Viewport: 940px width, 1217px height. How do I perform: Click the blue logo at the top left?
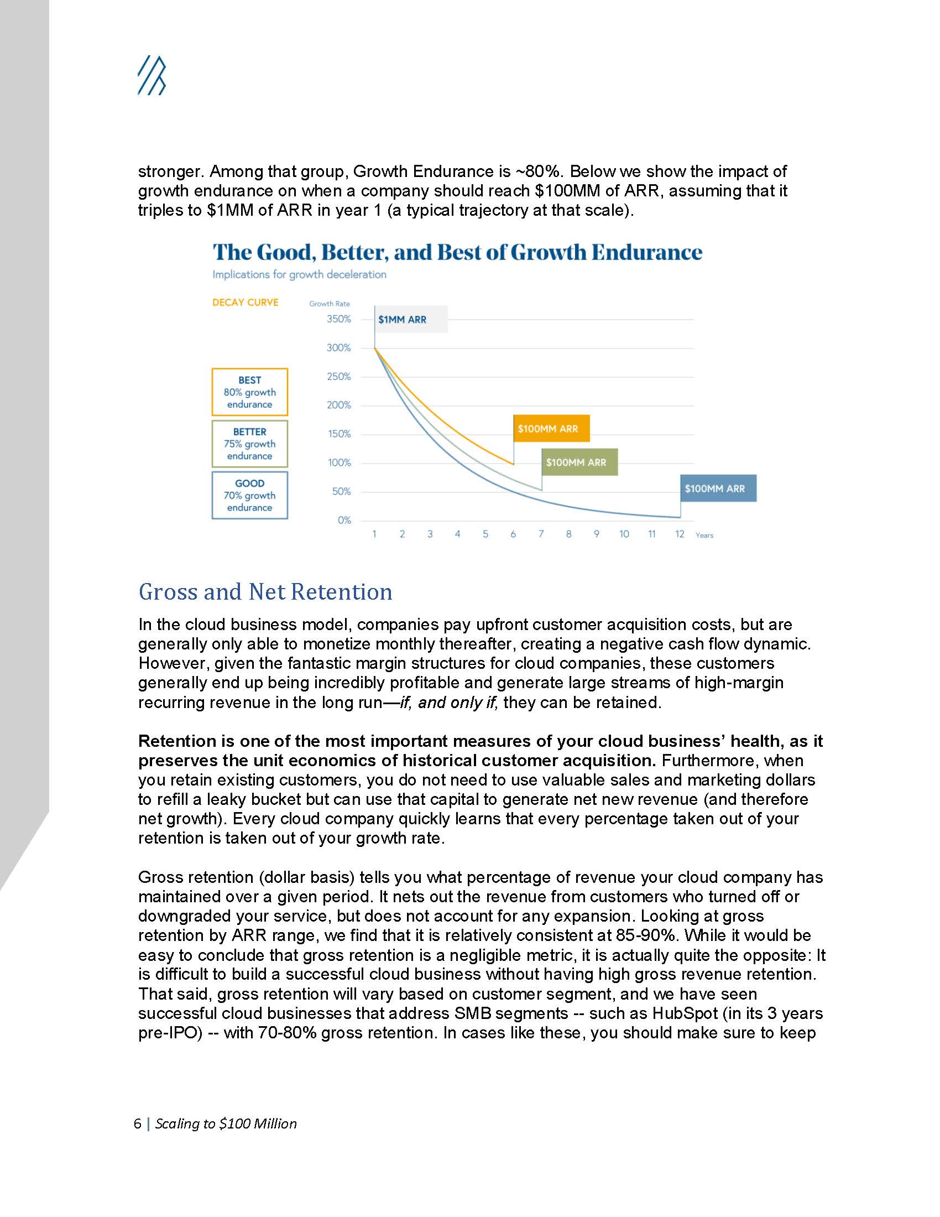pos(152,75)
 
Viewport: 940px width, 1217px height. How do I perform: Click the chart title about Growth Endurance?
pos(457,252)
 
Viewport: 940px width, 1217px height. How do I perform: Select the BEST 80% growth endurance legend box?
pos(249,392)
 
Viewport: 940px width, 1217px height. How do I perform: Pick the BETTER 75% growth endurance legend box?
pos(249,444)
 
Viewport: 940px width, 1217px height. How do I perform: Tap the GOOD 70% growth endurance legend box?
pos(249,496)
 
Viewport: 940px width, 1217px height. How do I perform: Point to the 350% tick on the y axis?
pos(338,319)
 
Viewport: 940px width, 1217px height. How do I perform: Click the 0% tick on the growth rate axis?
pos(344,521)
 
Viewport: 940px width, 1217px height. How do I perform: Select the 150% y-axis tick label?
pos(338,434)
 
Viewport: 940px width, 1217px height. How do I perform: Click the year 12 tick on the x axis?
pos(680,534)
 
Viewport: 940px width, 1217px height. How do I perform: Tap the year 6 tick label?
pos(513,534)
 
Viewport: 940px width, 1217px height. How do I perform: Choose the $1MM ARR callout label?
pos(403,320)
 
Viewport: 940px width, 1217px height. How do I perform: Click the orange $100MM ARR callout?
pos(551,429)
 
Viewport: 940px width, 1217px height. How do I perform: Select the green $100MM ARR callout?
pos(579,462)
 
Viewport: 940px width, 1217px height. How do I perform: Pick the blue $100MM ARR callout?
pos(718,488)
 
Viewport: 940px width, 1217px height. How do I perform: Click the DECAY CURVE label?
pos(245,303)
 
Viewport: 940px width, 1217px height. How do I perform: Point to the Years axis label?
pos(704,535)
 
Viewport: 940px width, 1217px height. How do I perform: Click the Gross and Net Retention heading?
pos(265,592)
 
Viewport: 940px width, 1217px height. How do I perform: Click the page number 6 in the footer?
pos(137,1124)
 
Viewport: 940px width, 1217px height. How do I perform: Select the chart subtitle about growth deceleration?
pos(299,275)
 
